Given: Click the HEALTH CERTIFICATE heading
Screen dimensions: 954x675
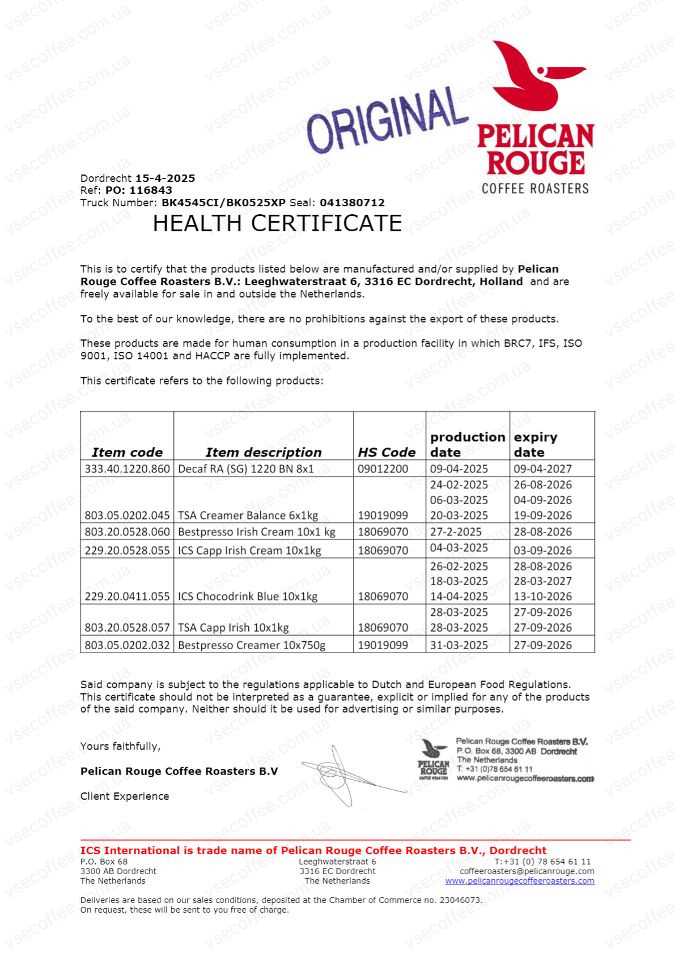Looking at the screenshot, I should coord(277,224).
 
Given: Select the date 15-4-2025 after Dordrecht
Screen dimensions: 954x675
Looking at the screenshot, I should coord(165,178).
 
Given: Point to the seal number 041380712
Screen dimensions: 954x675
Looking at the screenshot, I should coord(352,203).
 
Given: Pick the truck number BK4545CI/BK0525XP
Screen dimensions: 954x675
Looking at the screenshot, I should coord(223,203).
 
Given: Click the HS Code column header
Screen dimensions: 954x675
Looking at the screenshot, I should coord(387,452).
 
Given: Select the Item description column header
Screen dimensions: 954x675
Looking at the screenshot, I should coord(263,452).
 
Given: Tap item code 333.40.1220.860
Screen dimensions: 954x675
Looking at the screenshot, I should coord(127,469).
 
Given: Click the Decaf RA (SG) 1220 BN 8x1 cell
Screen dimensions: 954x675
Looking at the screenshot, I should coord(245,469).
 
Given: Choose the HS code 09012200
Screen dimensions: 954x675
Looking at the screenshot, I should coord(383,469).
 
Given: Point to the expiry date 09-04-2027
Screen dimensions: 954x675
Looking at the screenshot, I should coord(542,469).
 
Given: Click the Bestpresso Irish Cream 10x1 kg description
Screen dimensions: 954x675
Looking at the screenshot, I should coord(256,532).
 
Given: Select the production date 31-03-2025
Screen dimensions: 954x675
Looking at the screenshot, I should coord(459,645).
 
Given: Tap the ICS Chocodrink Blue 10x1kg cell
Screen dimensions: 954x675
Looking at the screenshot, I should coord(247,597).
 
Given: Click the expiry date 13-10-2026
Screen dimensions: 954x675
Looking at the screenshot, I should coord(542,597).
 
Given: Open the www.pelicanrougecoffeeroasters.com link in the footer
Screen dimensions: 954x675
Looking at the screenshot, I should coord(519,881).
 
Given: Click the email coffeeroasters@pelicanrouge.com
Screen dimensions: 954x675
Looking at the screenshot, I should coord(527,871).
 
